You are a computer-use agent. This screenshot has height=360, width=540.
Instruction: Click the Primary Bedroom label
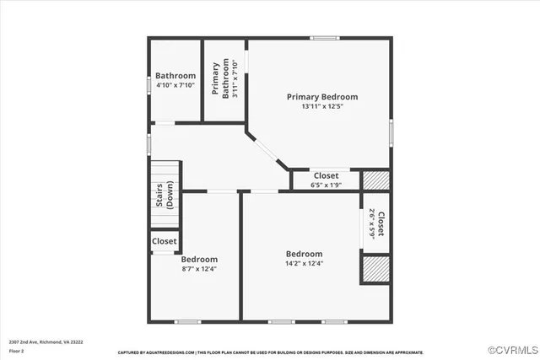pyautogui.click(x=321, y=97)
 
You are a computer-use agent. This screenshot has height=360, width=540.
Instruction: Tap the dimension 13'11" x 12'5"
pyautogui.click(x=321, y=107)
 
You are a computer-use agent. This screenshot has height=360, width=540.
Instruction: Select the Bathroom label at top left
pyautogui.click(x=175, y=76)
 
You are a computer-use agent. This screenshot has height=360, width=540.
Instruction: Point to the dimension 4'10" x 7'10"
pyautogui.click(x=175, y=85)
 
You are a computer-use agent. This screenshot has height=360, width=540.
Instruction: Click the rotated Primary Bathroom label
pyautogui.click(x=220, y=80)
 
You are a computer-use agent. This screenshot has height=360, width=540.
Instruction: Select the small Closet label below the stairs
pyautogui.click(x=164, y=241)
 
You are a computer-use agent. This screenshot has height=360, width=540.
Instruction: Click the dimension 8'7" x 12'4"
pyautogui.click(x=199, y=269)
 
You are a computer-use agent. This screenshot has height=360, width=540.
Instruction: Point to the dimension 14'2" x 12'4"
pyautogui.click(x=304, y=264)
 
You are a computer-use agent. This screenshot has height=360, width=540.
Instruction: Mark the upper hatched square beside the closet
pyautogui.click(x=375, y=180)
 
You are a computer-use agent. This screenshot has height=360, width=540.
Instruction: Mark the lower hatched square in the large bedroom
pyautogui.click(x=375, y=268)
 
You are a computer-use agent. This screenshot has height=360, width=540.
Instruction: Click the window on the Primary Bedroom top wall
pyautogui.click(x=324, y=38)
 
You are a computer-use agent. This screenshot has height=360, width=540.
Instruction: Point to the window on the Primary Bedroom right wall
pyautogui.click(x=391, y=131)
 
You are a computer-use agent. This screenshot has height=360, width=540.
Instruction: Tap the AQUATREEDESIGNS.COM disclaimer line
pyautogui.click(x=270, y=352)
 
